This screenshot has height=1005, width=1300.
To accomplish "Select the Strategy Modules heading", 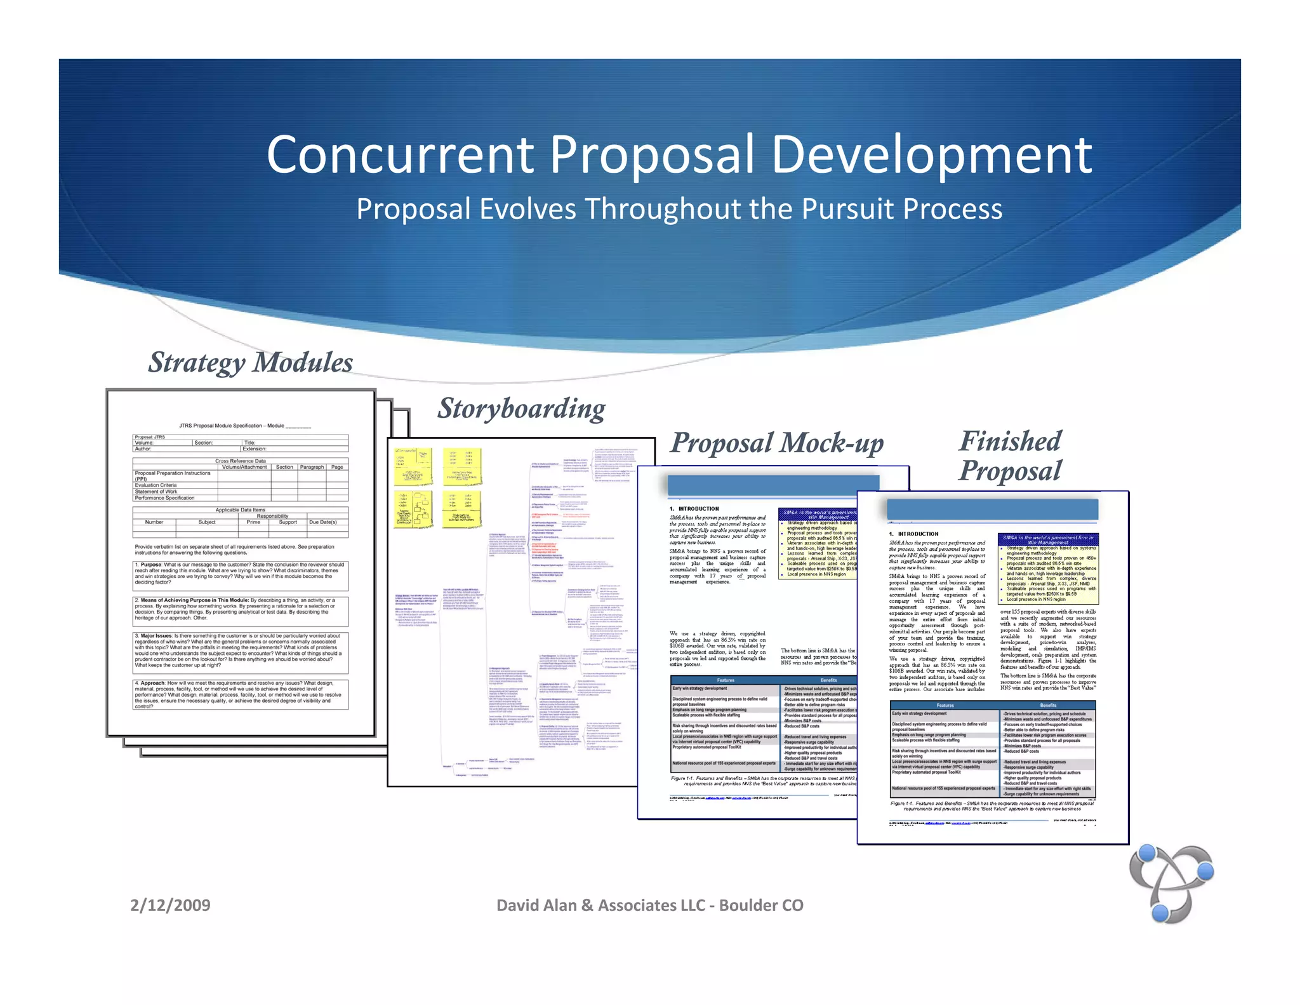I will tap(250, 362).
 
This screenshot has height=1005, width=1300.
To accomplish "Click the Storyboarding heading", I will tap(521, 408).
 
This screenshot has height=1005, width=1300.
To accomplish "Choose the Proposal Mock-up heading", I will tap(777, 443).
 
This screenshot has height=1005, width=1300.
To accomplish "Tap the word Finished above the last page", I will tap(1010, 441).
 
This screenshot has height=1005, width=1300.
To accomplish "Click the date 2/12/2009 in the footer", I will tap(170, 905).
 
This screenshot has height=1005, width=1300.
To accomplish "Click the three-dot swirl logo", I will tap(1171, 883).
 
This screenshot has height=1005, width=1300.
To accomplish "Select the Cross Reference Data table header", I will tap(240, 461).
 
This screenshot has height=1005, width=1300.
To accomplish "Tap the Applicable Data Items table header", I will tap(240, 509).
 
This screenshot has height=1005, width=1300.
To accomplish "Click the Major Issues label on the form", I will tap(156, 635).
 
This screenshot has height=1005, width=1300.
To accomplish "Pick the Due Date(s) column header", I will tap(322, 522).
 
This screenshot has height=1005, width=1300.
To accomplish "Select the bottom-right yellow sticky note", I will tap(461, 509).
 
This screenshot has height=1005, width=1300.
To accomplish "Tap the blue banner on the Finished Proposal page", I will tap(992, 509).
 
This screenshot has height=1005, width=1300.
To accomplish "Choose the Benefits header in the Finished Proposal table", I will tap(1048, 705).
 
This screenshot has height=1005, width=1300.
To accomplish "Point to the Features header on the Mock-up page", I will tap(726, 680).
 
